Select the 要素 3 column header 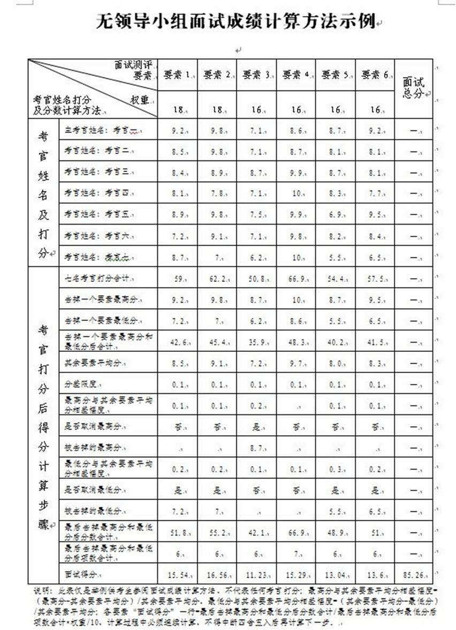(x=255, y=75)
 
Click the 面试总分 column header (x=413, y=88)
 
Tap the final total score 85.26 (x=413, y=574)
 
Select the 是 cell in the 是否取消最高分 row (x=255, y=427)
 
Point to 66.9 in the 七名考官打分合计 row (x=294, y=279)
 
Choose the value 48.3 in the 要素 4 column (x=294, y=341)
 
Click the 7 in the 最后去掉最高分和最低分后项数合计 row (x=294, y=554)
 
